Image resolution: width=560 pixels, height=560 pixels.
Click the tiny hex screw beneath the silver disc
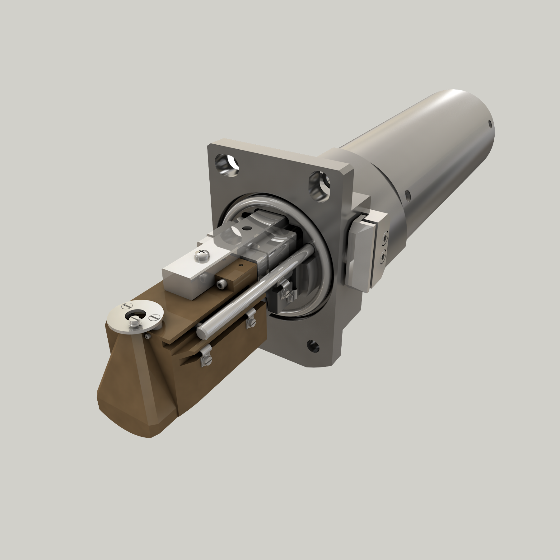point(147,336)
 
